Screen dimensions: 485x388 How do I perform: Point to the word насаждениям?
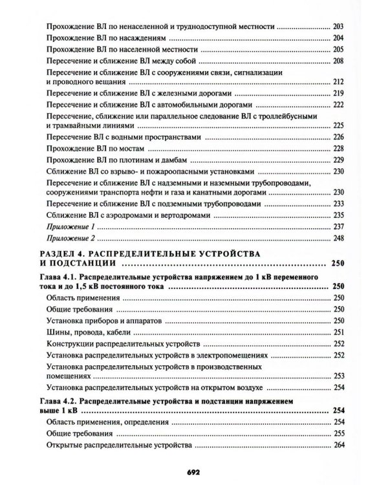141,39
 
